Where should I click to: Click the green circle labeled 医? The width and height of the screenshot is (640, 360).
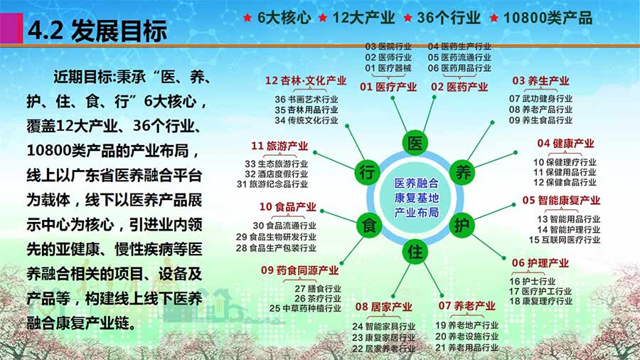tap(415, 143)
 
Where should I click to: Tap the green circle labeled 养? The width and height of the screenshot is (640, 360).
tap(462, 172)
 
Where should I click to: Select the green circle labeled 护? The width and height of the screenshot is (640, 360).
tap(462, 225)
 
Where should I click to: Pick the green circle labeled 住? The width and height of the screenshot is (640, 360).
tap(415, 251)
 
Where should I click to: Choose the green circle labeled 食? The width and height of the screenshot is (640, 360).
tap(369, 225)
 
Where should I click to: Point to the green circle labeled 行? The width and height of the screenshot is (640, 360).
tap(368, 172)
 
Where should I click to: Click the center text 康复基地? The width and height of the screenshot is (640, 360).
tap(416, 198)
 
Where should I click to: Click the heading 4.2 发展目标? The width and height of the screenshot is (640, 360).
tap(97, 31)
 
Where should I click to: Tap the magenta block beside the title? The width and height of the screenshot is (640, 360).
tap(11, 28)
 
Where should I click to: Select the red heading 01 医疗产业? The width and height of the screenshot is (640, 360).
tap(388, 87)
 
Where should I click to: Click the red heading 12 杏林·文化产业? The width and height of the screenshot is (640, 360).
tap(306, 81)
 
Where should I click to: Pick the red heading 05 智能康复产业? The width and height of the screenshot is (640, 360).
tap(561, 201)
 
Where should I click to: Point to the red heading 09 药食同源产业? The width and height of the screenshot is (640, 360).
tap(300, 270)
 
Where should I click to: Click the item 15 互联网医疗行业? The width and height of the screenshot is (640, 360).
tap(565, 240)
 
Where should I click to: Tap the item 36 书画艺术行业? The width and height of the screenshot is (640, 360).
tap(306, 99)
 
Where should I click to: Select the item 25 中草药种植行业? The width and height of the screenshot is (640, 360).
tap(305, 309)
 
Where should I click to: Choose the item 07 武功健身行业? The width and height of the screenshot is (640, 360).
tap(540, 99)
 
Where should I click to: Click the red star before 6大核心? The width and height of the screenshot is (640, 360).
tap(247, 18)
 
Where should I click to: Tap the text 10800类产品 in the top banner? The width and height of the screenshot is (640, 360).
tap(548, 18)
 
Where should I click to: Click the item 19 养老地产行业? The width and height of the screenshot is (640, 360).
tap(467, 325)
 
